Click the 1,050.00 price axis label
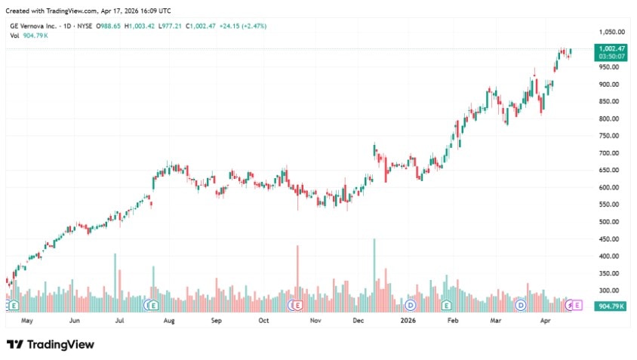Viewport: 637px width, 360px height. click(611, 32)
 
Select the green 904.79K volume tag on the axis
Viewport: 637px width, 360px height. click(609, 306)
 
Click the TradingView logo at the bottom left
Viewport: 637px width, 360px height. click(51, 344)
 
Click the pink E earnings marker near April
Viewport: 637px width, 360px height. click(577, 306)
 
